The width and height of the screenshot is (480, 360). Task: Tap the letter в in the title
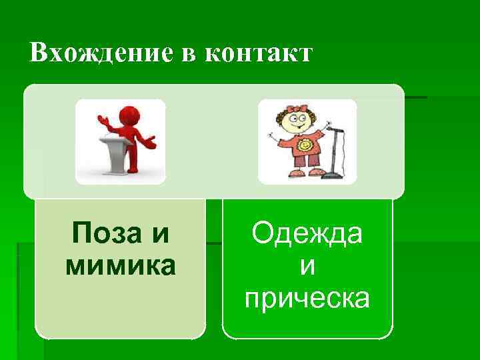pos(189,54)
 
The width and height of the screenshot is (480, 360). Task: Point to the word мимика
pos(120,265)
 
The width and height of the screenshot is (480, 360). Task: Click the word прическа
pos(307,298)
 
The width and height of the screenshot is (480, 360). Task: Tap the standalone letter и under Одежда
pos(307,266)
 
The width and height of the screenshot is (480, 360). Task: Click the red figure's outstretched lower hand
pos(152,141)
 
